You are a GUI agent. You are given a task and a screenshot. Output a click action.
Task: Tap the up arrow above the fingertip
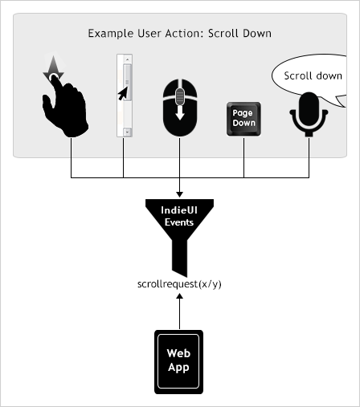(52, 67)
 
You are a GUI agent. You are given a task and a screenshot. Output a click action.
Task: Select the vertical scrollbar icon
(125, 95)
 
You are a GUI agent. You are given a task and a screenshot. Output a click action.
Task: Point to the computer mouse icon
(179, 107)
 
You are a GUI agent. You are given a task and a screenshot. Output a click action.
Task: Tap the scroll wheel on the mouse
(179, 97)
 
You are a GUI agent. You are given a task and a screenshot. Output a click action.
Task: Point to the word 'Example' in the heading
(110, 34)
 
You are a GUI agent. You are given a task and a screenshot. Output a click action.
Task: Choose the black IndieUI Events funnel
(179, 229)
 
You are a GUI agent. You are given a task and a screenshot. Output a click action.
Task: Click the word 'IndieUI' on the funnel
(179, 210)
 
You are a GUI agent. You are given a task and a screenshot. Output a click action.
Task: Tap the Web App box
(178, 361)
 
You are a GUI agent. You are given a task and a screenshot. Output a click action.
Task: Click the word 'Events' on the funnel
(179, 222)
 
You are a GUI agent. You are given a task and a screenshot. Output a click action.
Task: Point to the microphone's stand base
(308, 134)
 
